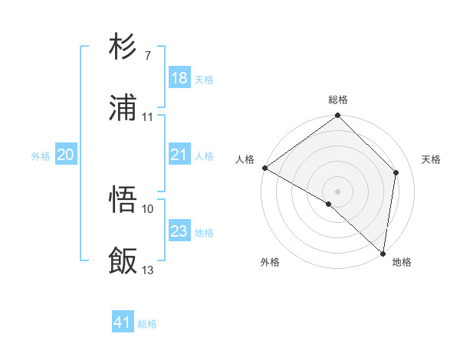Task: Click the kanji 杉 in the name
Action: point(123,47)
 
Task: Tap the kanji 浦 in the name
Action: point(123,107)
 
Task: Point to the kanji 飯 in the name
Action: point(123,260)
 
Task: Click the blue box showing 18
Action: point(179,78)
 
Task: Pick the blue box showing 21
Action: point(179,155)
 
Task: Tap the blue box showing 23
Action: point(179,232)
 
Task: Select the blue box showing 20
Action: point(65,155)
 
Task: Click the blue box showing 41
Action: point(123,323)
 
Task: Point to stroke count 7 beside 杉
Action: point(148,56)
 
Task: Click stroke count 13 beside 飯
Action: point(148,269)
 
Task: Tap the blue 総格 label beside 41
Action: point(147,324)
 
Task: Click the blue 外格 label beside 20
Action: point(41,156)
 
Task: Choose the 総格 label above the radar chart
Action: point(338,100)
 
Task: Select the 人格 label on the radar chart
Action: point(245,159)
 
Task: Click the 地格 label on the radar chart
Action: point(402,262)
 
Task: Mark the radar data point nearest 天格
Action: point(396,172)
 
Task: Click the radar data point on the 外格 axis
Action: point(329,204)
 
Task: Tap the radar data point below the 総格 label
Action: point(338,116)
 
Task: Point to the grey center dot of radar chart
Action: point(338,191)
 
